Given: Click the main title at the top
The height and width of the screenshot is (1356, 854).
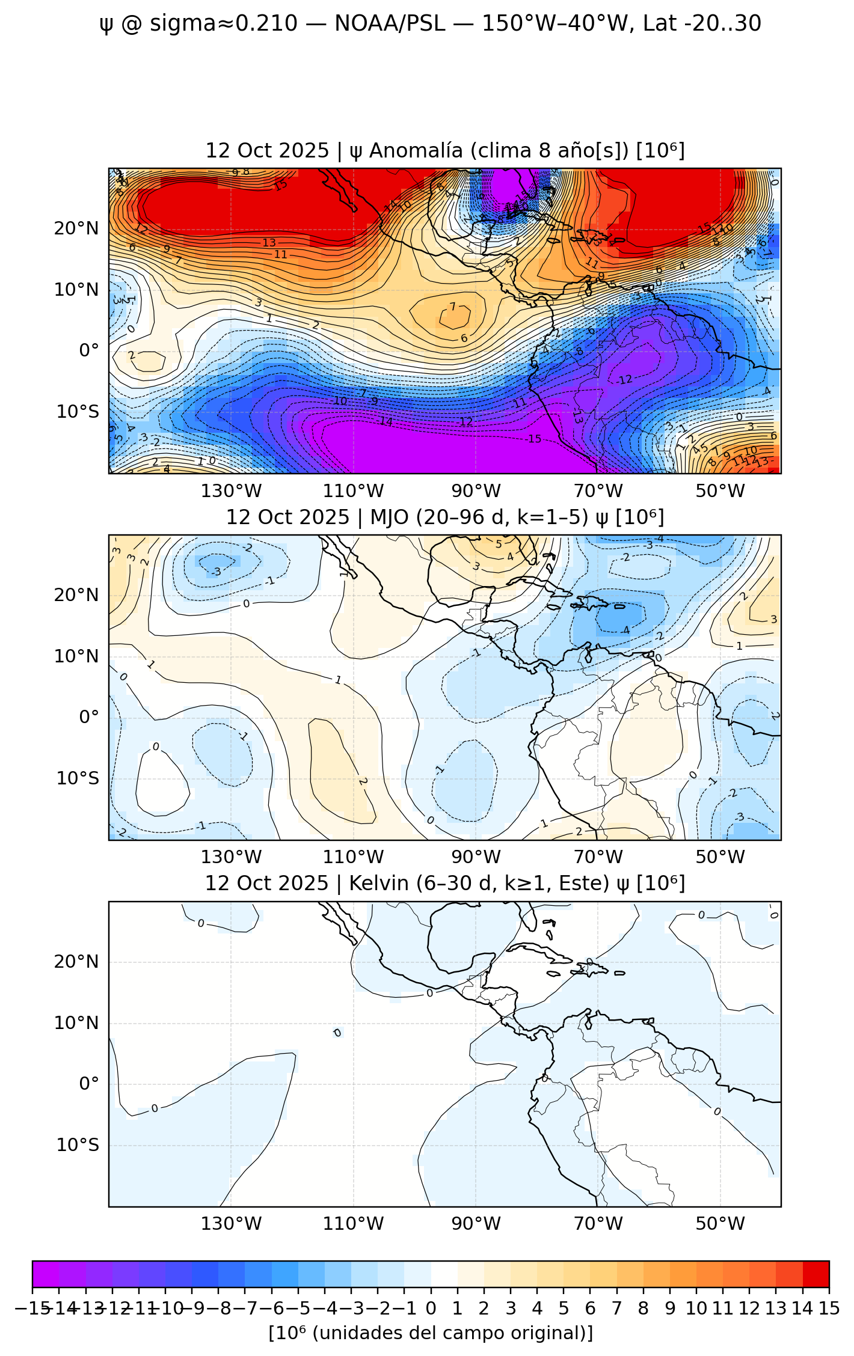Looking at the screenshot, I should (x=430, y=23).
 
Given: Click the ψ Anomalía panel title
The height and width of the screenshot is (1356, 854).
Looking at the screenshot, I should (x=445, y=150).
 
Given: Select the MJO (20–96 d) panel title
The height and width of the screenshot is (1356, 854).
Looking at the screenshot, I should (x=445, y=517).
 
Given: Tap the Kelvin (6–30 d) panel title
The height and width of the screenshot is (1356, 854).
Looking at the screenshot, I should (x=445, y=883).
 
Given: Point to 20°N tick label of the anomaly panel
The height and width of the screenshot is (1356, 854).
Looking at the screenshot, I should (x=76, y=228).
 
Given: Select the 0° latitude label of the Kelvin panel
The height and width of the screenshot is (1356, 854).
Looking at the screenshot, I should (x=88, y=1084).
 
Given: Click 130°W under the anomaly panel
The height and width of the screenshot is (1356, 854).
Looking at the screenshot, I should (x=232, y=491).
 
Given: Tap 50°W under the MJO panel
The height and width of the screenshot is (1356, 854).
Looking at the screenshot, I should (x=720, y=857).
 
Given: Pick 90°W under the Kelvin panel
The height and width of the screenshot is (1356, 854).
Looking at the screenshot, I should (x=476, y=1223).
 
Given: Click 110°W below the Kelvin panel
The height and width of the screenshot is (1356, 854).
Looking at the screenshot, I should (x=354, y=1223).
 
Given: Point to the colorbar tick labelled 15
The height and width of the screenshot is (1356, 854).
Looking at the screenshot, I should (x=829, y=1308).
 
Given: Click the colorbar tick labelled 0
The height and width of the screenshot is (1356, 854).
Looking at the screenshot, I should (x=431, y=1308).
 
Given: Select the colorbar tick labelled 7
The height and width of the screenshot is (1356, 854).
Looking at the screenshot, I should (x=616, y=1308).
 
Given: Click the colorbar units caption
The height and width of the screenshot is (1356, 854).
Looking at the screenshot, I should (x=431, y=1333).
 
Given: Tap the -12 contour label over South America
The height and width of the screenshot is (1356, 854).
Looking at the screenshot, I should (x=624, y=380).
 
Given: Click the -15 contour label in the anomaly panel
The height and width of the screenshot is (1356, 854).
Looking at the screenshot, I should (x=534, y=439).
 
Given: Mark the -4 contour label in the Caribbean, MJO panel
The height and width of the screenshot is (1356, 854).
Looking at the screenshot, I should (x=625, y=630).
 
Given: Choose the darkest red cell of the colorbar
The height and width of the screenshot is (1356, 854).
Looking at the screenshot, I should (x=816, y=1274).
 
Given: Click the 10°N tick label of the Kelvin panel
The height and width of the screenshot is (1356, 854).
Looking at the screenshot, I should (x=76, y=1023).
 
